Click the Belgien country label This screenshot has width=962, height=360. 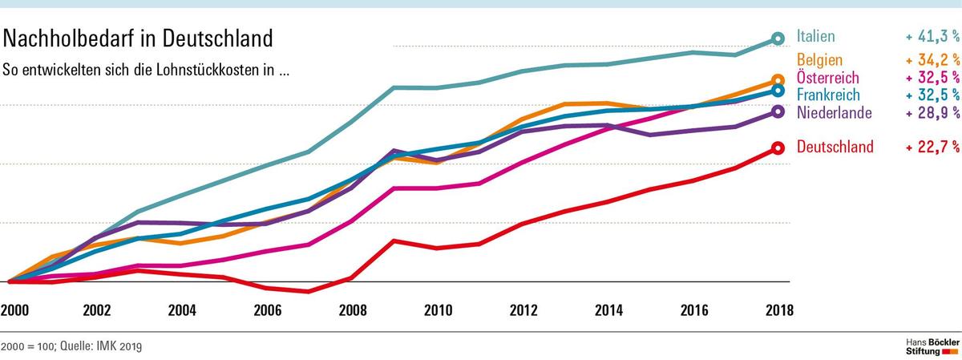[819, 60]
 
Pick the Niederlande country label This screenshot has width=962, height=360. [834, 112]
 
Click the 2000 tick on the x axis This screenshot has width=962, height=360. [14, 311]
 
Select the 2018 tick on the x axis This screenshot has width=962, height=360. [777, 311]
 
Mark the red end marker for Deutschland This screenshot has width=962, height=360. [777, 148]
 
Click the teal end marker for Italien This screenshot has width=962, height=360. [777, 38]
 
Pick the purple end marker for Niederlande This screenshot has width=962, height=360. [777, 111]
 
